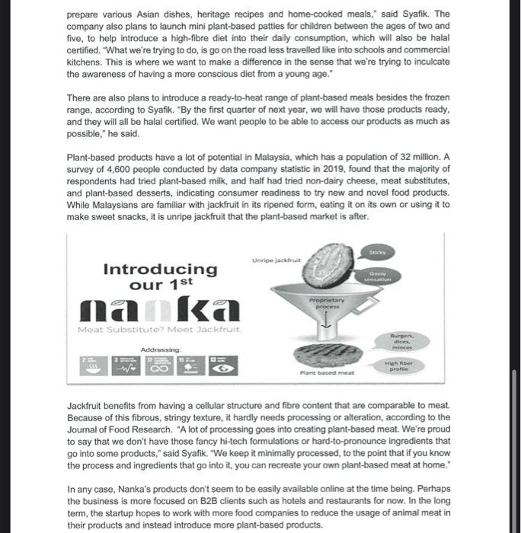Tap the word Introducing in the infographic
[x=160, y=269]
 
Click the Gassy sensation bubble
[x=379, y=276]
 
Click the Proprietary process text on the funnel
[x=328, y=303]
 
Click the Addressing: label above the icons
[x=161, y=350]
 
